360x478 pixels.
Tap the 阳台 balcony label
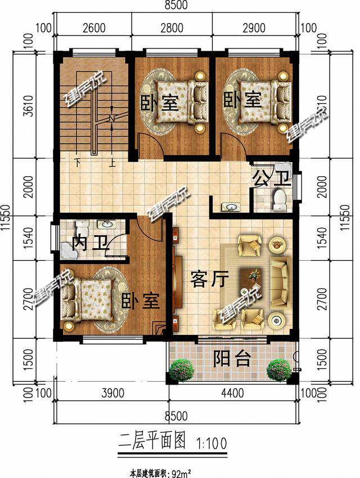[x=232, y=359]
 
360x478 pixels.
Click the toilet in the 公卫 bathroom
[x=280, y=198]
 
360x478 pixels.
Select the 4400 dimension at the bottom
[x=231, y=394]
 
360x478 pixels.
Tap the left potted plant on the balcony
[x=181, y=370]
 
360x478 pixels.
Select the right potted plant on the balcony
[x=278, y=369]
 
